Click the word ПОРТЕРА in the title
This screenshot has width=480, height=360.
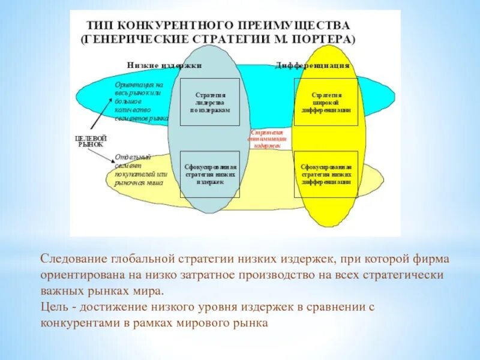[328, 39]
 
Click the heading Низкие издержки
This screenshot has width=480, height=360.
[164, 65]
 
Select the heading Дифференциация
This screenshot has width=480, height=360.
[312, 65]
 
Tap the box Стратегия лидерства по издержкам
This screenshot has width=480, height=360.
[209, 102]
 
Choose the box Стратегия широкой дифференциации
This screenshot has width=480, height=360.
[326, 102]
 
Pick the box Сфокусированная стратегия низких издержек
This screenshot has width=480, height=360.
[209, 175]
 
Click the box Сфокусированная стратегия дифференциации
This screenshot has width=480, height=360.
[326, 175]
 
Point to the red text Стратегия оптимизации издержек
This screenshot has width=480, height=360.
[267, 138]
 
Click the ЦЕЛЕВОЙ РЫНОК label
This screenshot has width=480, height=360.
[90, 141]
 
